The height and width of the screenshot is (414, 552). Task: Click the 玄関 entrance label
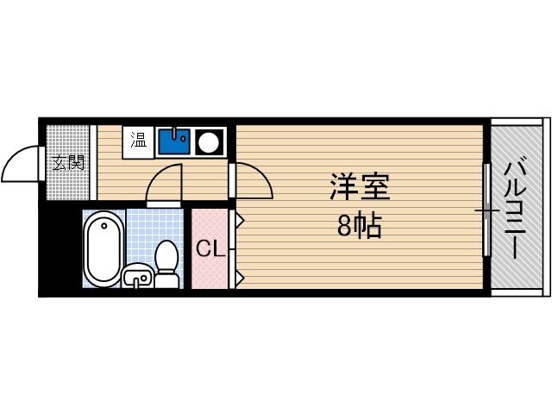point(68,161)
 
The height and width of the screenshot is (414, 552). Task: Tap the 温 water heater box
point(138,140)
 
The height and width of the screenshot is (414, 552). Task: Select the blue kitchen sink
point(175,141)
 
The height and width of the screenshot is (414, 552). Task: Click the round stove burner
point(209,141)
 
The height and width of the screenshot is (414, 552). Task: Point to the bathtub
point(103,248)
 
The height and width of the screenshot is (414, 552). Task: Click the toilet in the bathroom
point(166,262)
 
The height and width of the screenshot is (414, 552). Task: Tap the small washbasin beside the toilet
point(137,277)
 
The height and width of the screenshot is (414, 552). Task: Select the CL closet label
point(210,250)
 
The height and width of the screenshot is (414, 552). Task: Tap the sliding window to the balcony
point(486,210)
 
